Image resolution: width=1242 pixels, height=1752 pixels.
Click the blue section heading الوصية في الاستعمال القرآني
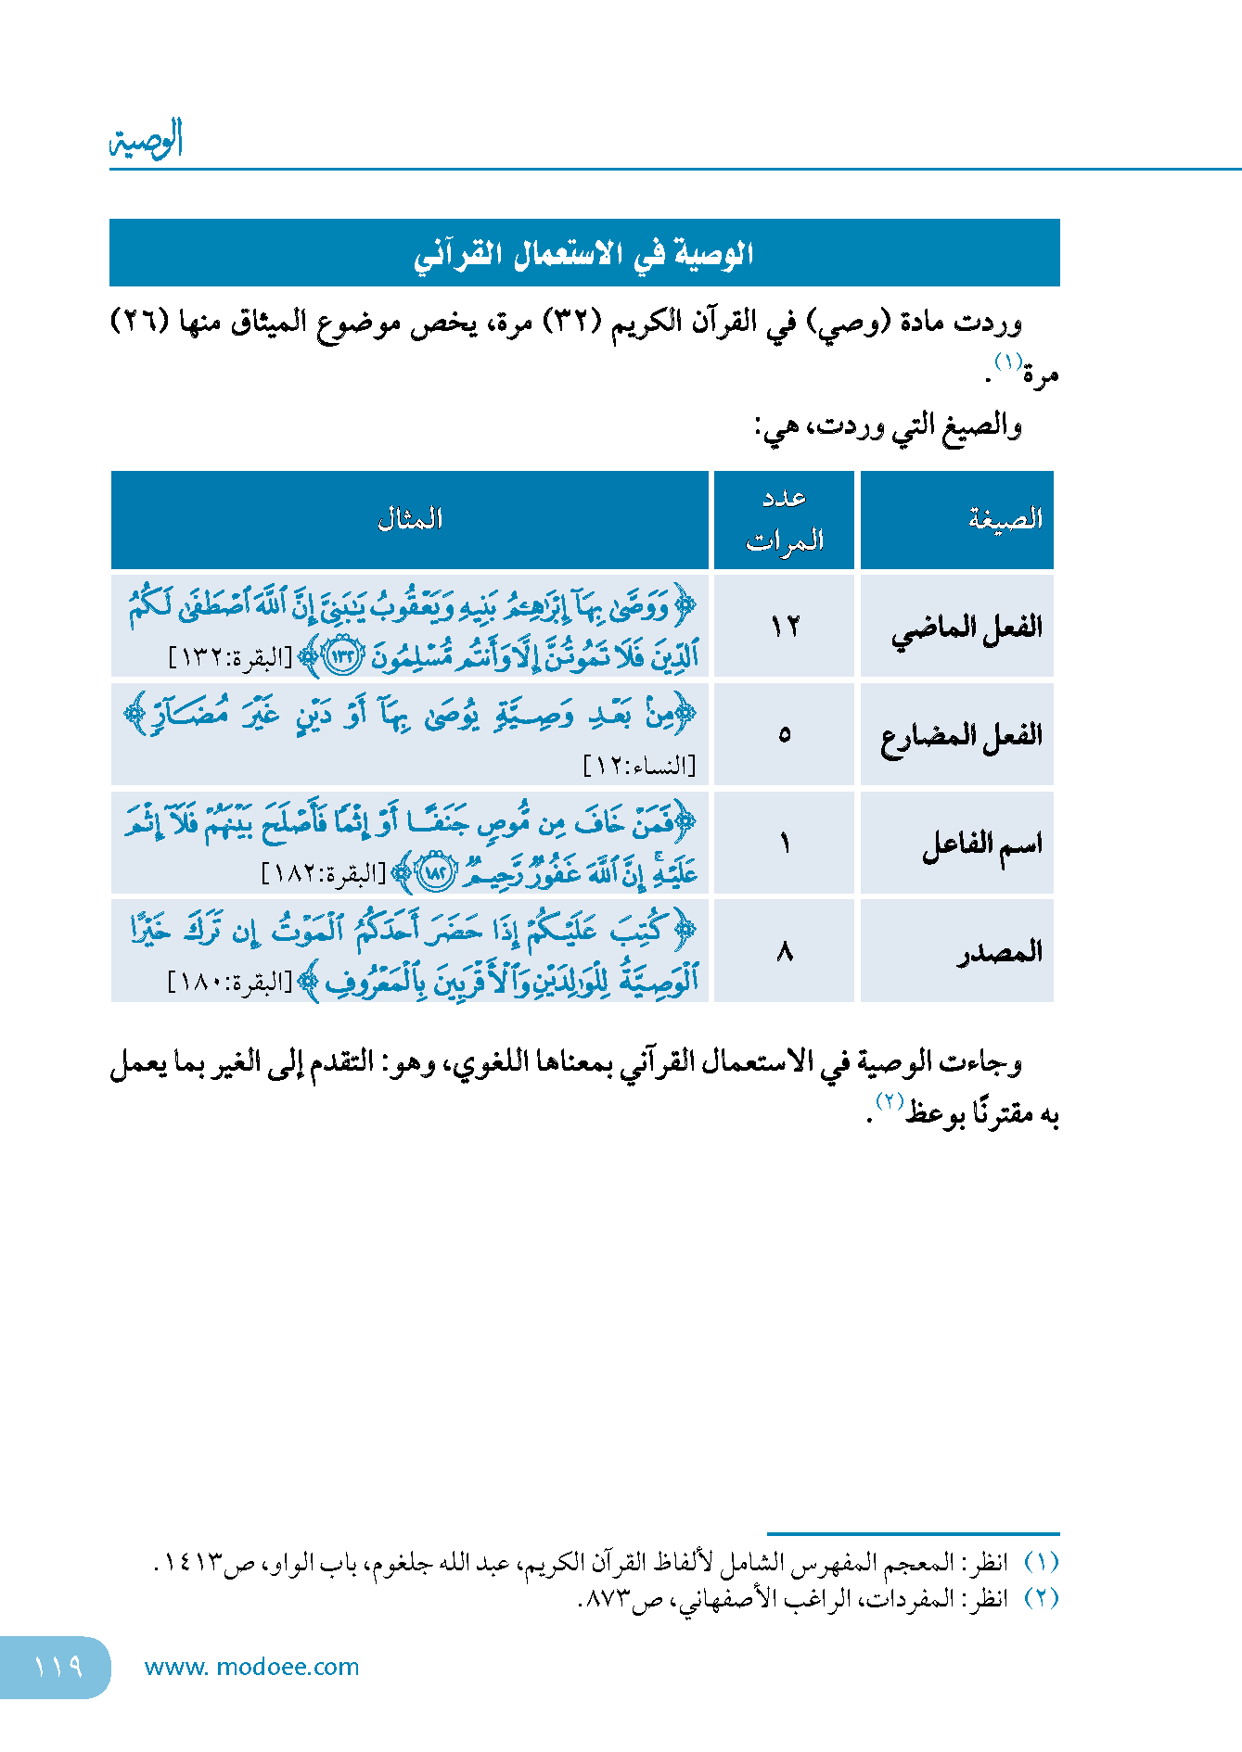pos(584,253)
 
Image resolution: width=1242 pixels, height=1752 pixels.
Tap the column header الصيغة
pos(1005,519)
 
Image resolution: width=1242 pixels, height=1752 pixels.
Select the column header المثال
pos(410,519)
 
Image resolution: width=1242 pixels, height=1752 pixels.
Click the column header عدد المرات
pos(785,519)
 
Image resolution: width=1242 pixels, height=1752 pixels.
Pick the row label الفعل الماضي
pos(967,628)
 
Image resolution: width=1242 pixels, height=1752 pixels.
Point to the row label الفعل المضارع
pos(961,736)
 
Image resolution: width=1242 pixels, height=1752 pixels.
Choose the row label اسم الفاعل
pos(981,844)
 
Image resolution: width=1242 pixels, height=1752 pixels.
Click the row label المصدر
pos(1000,952)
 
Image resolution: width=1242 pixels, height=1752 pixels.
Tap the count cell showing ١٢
pos(785,628)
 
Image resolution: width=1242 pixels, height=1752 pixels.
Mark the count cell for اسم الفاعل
pos(785,844)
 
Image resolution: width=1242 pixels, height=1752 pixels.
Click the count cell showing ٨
pos(785,952)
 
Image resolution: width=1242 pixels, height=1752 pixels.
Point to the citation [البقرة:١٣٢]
pos(230,658)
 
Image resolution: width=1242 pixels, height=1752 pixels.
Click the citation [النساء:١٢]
pos(639,767)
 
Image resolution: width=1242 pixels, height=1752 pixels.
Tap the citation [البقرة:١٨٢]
pos(324,874)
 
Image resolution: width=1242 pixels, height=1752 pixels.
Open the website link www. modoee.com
pos(251,1667)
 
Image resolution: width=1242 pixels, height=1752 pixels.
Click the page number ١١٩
pos(58,1667)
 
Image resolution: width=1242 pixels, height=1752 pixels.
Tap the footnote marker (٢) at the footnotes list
pos(1041,1599)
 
